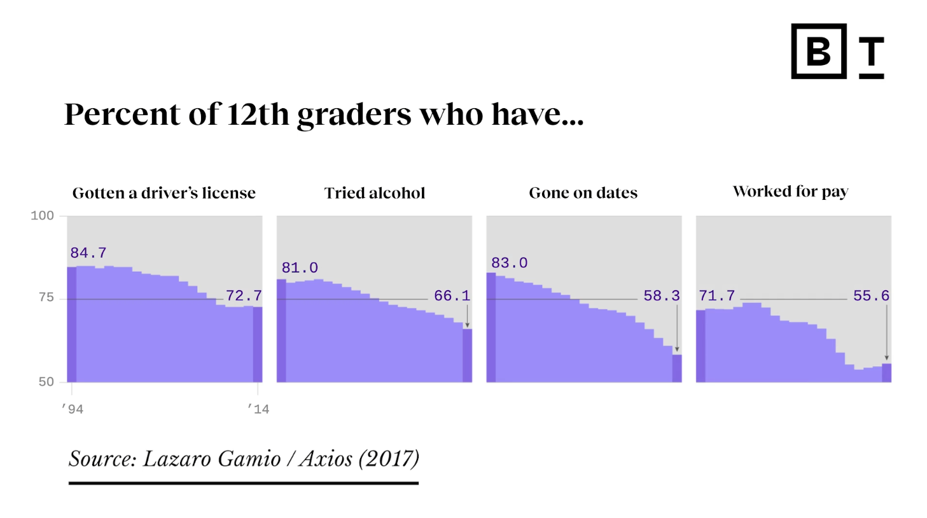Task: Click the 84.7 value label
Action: [88, 253]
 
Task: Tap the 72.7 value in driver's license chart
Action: [244, 296]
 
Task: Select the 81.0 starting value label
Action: [300, 268]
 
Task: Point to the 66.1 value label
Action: [452, 296]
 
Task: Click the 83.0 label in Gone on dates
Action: [509, 263]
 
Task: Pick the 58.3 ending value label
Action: [662, 296]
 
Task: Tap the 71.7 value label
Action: [717, 296]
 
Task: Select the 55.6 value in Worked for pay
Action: [871, 296]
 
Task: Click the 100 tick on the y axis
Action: [43, 216]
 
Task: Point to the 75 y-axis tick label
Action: [46, 297]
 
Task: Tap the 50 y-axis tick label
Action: [46, 382]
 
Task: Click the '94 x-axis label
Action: [73, 409]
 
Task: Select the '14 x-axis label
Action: [258, 409]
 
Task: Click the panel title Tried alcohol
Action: [375, 193]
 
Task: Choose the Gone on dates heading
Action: [583, 193]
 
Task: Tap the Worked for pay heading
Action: [791, 192]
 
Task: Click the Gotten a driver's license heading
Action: [164, 193]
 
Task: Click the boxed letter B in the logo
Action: [819, 52]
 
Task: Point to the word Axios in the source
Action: [326, 459]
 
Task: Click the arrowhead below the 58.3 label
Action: [677, 349]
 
